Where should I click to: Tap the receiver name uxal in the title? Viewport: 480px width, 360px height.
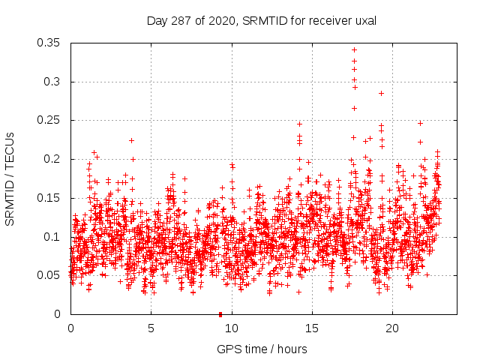pyautogui.click(x=364, y=20)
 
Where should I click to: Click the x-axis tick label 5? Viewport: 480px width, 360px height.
pyautogui.click(x=151, y=328)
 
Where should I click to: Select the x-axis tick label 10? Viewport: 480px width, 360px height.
pyautogui.click(x=232, y=328)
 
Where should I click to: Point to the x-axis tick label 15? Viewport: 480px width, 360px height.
pyautogui.click(x=312, y=328)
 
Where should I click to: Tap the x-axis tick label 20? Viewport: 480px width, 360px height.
pyautogui.click(x=392, y=328)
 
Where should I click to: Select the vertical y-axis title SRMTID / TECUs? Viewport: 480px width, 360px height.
pyautogui.click(x=10, y=178)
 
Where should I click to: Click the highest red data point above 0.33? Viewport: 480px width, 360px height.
pyautogui.click(x=354, y=50)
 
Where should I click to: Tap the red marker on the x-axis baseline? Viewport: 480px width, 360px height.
pyautogui.click(x=220, y=313)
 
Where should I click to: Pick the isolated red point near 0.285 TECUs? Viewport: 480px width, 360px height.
pyautogui.click(x=381, y=93)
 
